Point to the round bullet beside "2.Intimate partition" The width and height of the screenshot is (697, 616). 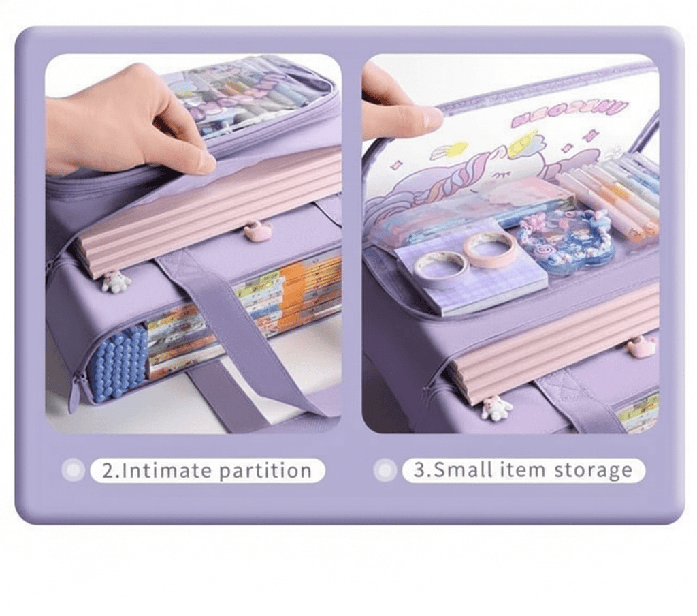coord(72,469)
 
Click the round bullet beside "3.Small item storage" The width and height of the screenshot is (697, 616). coord(385,469)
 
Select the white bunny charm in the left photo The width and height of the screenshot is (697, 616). coord(116,281)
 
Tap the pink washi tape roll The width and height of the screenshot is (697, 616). coord(490,249)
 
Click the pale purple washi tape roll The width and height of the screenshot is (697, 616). coord(440,268)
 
